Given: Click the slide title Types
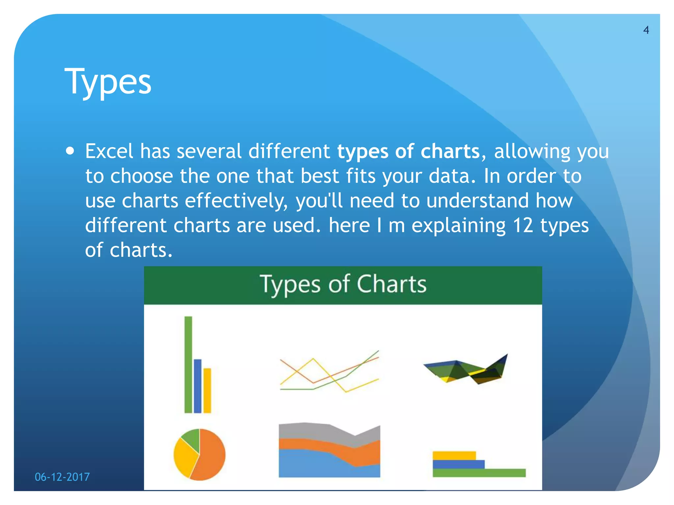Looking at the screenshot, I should point(108,81).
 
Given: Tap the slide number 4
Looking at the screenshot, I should point(646,30).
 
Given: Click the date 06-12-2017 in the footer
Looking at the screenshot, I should point(62,477).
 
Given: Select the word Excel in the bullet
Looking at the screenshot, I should point(109,151).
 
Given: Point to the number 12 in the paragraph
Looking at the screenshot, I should point(523,226).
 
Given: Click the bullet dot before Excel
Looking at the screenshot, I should point(70,151).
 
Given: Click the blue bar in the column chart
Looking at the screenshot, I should point(197,386).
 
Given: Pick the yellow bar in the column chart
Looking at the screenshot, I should point(207,391).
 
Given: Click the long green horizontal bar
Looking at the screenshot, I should point(479,473).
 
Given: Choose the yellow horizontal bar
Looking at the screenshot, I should point(454,455).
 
